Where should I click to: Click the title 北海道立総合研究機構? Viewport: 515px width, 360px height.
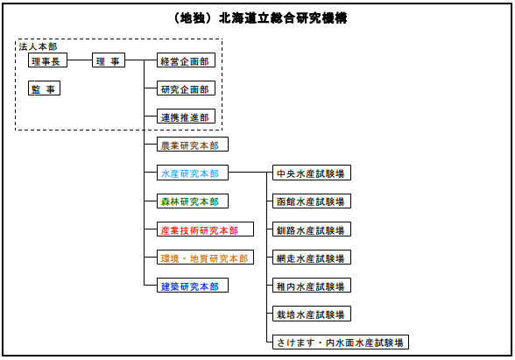(257, 17)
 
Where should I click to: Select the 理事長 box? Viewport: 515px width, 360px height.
(46, 61)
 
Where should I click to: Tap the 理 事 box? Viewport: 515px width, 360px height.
(109, 61)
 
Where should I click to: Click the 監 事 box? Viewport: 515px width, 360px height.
(43, 88)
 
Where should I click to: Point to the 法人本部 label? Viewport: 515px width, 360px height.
(37, 46)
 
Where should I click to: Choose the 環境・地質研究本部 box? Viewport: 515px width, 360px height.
(204, 258)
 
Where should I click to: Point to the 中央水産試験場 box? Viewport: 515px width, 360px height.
(310, 173)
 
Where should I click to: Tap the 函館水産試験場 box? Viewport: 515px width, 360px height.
(310, 201)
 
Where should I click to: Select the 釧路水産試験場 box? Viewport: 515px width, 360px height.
(310, 229)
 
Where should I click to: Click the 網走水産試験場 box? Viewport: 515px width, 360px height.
(310, 258)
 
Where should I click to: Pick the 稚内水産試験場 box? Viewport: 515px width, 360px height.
(310, 286)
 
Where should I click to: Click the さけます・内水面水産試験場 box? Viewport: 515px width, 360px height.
(340, 342)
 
